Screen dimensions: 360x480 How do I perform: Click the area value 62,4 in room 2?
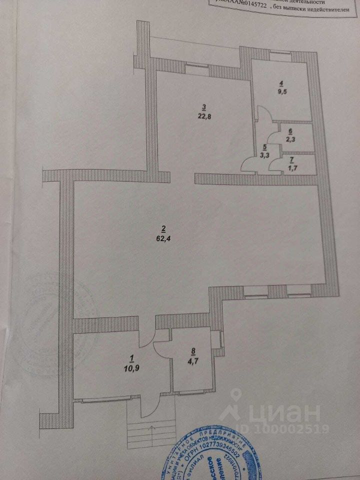pyautogui.click(x=163, y=238)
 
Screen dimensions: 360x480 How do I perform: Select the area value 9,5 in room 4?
pyautogui.click(x=282, y=92)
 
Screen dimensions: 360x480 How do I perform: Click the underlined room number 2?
pyautogui.click(x=163, y=229)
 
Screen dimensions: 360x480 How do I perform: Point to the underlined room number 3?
pyautogui.click(x=203, y=106)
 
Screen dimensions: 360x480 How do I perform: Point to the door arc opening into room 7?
pyautogui.click(x=274, y=165)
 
